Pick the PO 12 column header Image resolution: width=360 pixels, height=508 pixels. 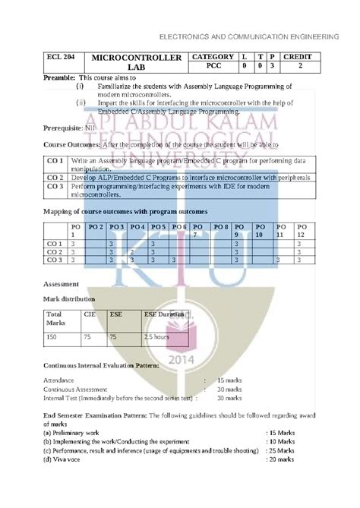(x=302, y=231)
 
